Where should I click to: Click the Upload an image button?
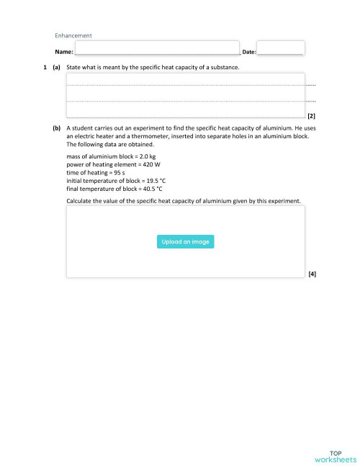185,242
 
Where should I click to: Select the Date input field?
279,48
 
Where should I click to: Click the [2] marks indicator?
311,115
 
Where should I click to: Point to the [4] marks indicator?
311,274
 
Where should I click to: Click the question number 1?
45,68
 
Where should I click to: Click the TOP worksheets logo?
335,454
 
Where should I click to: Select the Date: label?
249,53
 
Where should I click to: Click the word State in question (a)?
74,68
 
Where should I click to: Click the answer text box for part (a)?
185,94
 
